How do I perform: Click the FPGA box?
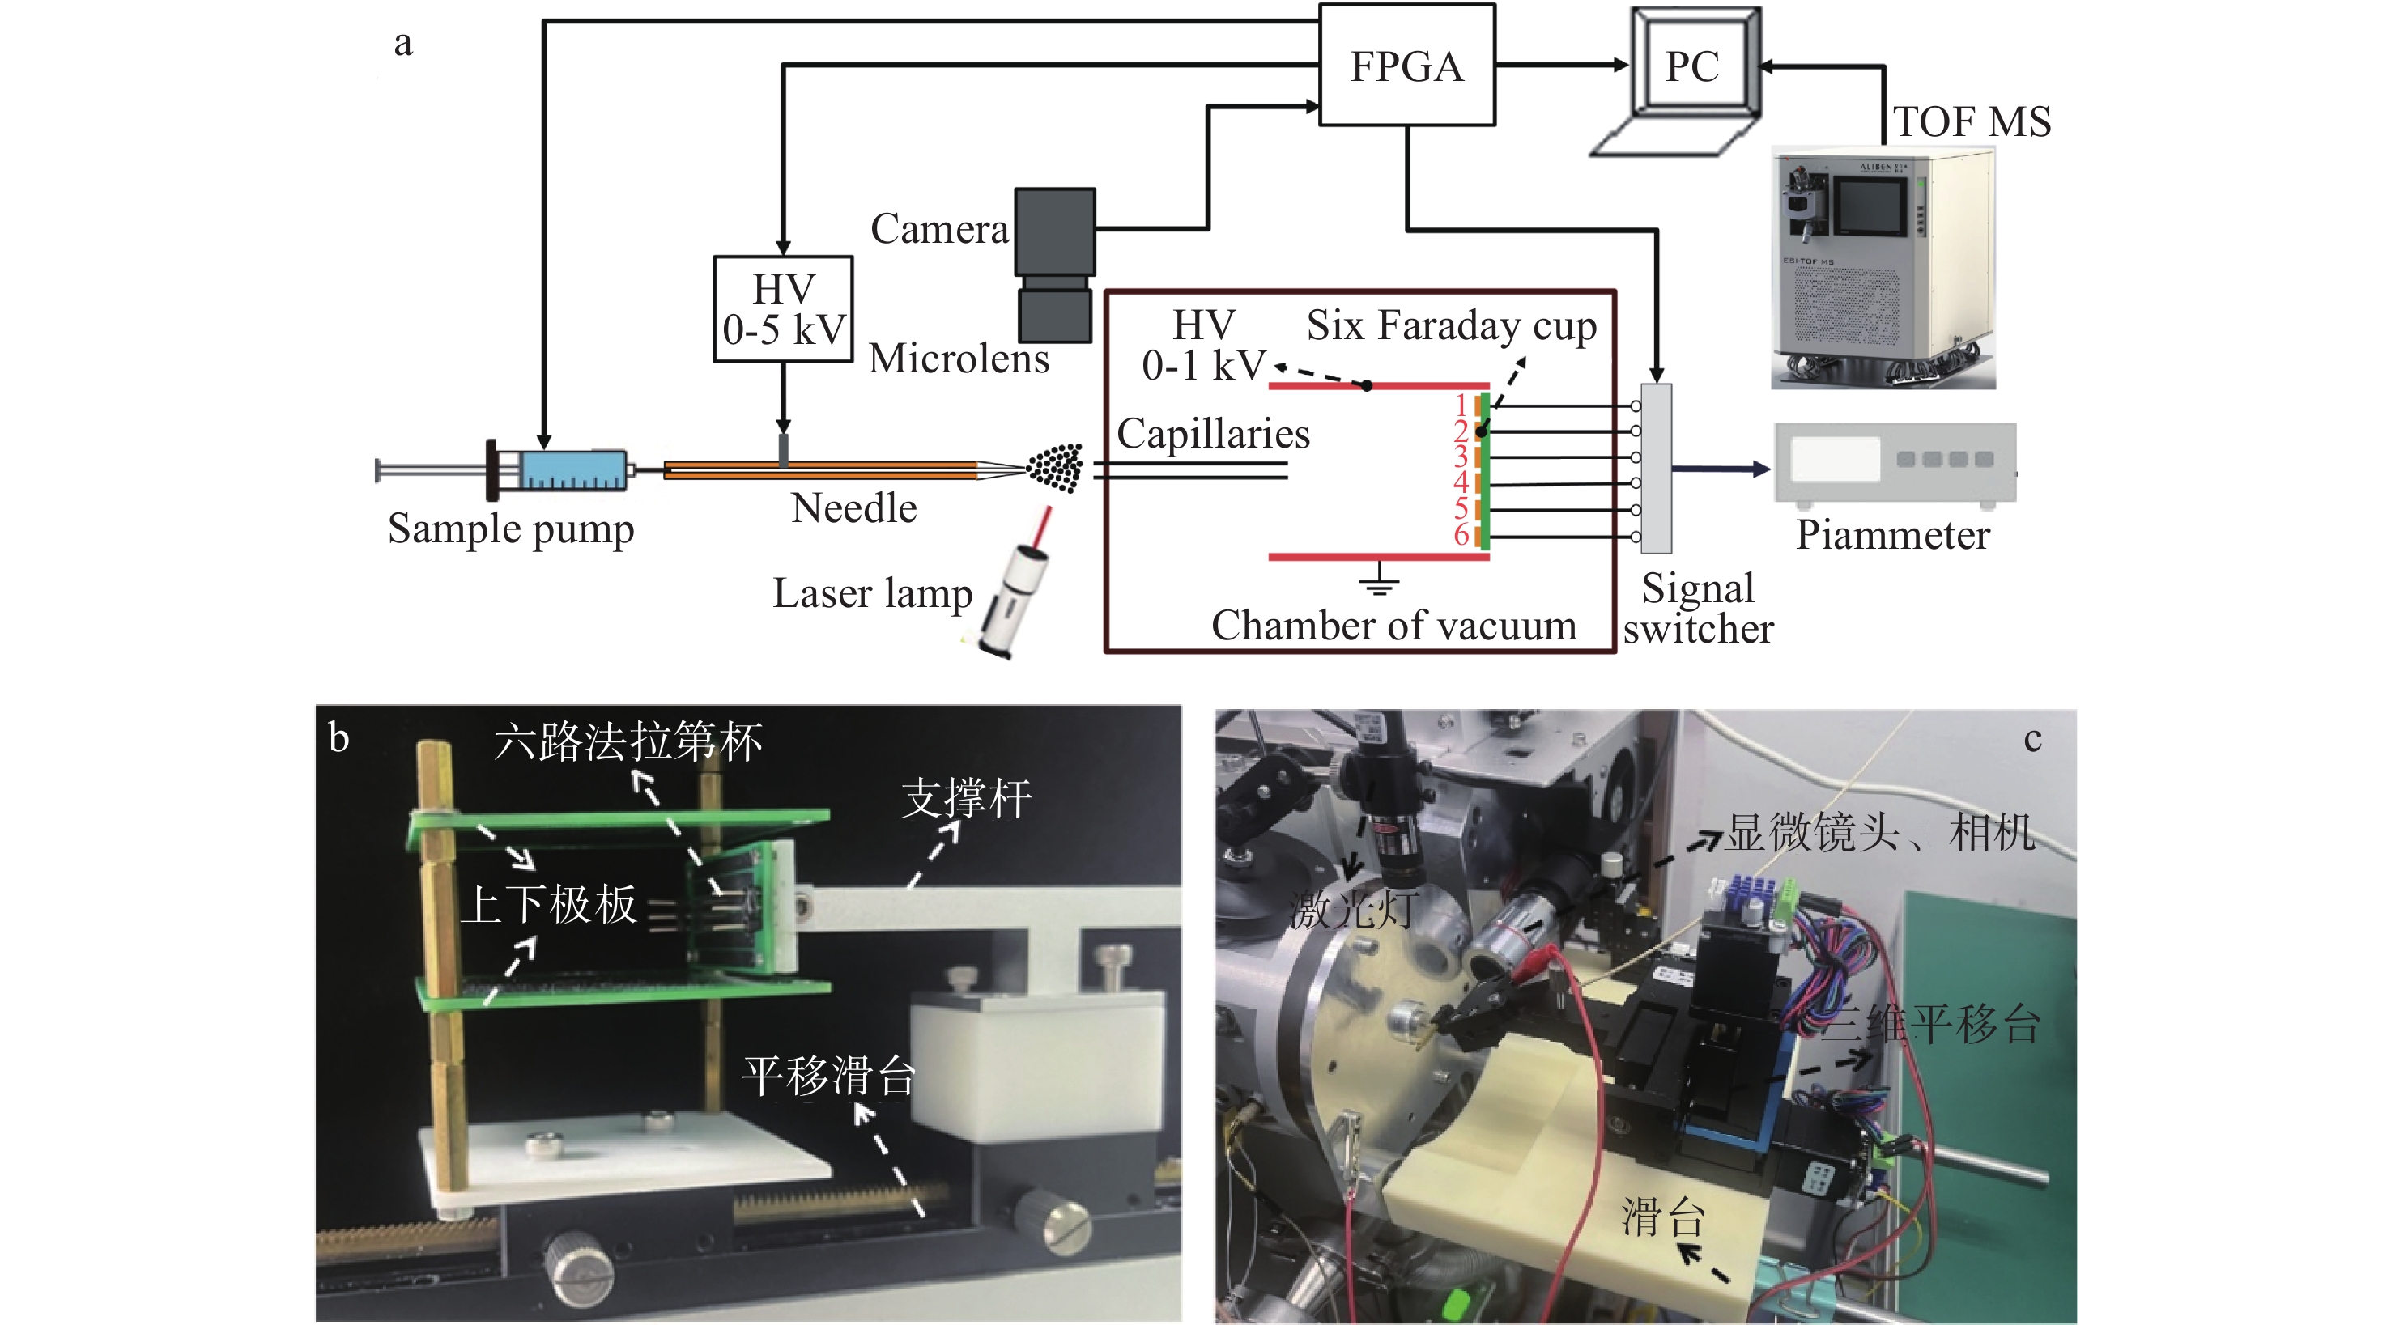(x=1406, y=65)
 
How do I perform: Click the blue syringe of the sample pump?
(x=570, y=469)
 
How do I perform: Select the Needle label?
(x=854, y=508)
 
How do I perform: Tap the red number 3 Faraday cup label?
(x=1460, y=457)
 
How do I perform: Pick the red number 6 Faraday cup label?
(x=1461, y=534)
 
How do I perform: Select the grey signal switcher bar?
(x=1657, y=469)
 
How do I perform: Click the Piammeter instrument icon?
(x=1895, y=463)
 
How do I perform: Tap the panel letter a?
(x=403, y=43)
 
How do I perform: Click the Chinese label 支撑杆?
(x=965, y=799)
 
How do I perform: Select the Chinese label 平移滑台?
(x=828, y=1077)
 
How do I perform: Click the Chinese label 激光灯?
(x=1352, y=909)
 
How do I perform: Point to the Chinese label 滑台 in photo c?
(x=1662, y=1217)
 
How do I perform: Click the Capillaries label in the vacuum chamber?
(x=1212, y=434)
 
